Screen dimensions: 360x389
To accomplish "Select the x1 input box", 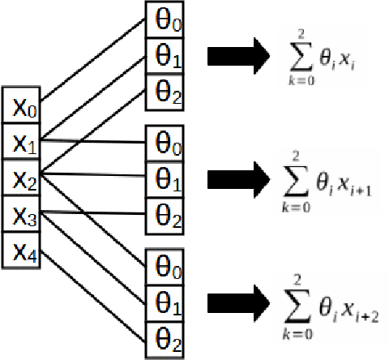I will coord(22,144).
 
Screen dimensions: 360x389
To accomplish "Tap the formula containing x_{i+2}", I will coord(327,301).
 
